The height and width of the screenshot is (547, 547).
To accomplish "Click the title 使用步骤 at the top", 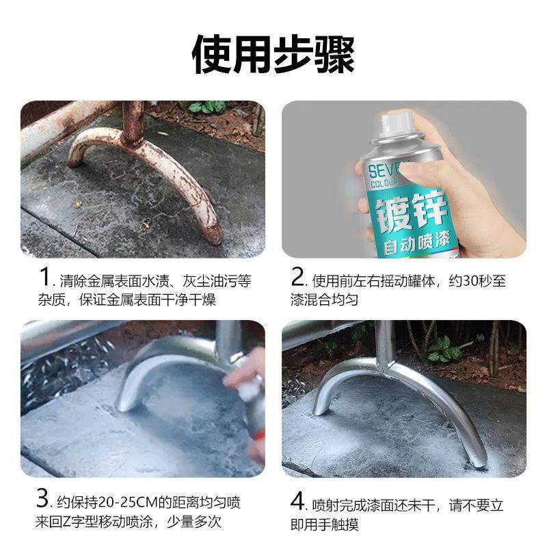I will click(273, 53).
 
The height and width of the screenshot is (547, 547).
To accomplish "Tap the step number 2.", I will click(297, 279).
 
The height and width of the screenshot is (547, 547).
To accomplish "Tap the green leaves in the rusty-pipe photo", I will click(207, 107).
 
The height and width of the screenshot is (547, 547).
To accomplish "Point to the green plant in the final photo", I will click(444, 349).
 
